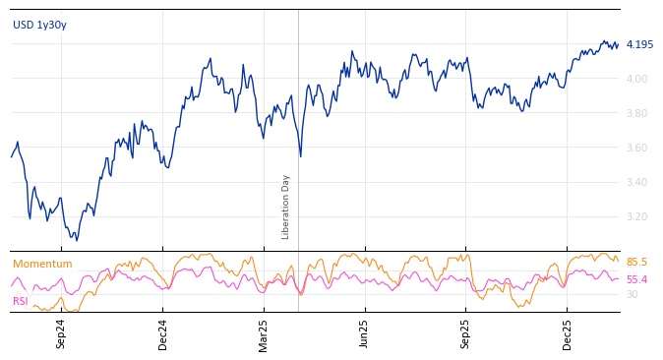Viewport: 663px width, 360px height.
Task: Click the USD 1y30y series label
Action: point(39,25)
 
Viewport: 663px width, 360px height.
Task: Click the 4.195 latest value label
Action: point(639,45)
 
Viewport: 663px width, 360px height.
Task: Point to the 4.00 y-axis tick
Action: point(636,79)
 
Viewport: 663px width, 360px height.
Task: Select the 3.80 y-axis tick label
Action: point(636,113)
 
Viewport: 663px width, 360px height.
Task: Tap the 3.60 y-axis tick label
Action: point(636,148)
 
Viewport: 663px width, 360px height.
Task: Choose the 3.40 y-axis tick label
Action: point(636,182)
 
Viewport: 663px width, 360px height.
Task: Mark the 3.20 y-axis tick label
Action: point(636,216)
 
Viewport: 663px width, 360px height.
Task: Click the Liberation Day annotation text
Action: point(286,207)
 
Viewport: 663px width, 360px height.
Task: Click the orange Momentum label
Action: point(42,264)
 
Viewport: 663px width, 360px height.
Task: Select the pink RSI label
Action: point(21,301)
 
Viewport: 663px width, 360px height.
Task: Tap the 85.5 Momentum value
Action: point(636,263)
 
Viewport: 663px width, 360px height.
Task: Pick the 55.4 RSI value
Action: point(636,280)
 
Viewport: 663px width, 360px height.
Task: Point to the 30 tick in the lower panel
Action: point(632,294)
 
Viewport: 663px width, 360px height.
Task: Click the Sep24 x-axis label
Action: point(61,333)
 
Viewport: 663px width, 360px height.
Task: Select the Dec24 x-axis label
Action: point(163,333)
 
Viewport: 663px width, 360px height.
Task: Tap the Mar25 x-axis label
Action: point(264,333)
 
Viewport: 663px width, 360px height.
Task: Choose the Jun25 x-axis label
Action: point(365,333)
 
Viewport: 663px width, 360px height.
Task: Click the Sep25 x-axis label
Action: point(466,333)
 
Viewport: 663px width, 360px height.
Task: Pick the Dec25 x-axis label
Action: point(568,333)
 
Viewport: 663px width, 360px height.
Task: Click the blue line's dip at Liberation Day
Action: point(300,155)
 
